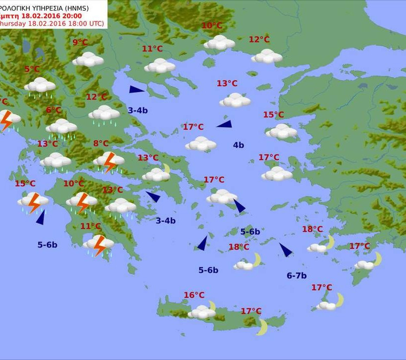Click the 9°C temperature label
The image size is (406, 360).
(x=80, y=43)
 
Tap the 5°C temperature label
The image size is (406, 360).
(x=32, y=69)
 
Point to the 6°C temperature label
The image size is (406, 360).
(x=54, y=110)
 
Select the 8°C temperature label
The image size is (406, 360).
(x=101, y=144)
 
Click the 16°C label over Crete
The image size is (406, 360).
(x=194, y=295)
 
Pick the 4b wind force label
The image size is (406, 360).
(x=238, y=145)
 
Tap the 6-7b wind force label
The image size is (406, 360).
(x=297, y=276)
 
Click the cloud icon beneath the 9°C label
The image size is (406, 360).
(x=88, y=59)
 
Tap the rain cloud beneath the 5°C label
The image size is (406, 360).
(x=40, y=86)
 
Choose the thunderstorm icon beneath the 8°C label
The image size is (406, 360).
(x=109, y=161)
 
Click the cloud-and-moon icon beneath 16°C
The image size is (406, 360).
(x=203, y=311)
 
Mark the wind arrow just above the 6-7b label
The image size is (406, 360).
(x=286, y=250)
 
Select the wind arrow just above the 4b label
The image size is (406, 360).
(x=224, y=124)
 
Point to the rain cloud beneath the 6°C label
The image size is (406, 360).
(x=61, y=128)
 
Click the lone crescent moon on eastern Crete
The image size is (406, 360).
(x=262, y=327)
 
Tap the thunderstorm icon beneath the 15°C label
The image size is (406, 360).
(x=33, y=202)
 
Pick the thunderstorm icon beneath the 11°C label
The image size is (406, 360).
(x=99, y=245)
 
